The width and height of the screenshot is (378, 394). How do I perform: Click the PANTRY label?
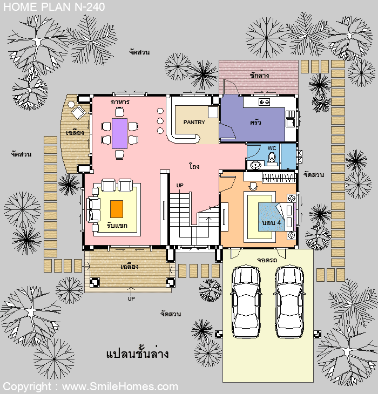[x=194, y=123]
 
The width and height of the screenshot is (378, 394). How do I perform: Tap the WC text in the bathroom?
[x=272, y=148]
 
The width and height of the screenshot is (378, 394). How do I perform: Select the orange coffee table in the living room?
[x=117, y=209]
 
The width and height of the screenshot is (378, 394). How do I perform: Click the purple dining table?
[x=120, y=133]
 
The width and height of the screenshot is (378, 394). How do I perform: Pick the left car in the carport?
[x=246, y=301]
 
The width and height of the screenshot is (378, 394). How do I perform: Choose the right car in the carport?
[x=289, y=301]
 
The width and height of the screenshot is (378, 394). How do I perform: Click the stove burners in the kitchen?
[x=264, y=102]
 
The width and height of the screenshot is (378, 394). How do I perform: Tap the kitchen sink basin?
[x=290, y=123]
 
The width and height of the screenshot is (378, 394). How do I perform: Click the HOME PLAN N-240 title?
[x=54, y=7]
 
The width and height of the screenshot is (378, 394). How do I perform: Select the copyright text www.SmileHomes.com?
[x=120, y=386]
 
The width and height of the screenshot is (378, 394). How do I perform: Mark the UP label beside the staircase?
[x=180, y=186]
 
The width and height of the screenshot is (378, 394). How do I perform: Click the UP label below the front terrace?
[x=131, y=299]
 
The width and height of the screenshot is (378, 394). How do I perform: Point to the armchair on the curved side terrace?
[x=78, y=112]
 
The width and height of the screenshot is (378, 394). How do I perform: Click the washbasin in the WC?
[x=256, y=165]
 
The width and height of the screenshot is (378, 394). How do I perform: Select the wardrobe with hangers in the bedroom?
[x=278, y=178]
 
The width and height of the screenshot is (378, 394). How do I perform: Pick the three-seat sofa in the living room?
[x=93, y=210]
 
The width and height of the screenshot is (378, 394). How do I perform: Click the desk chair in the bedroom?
[x=252, y=186]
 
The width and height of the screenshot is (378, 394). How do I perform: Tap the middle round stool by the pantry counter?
[x=160, y=121]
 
